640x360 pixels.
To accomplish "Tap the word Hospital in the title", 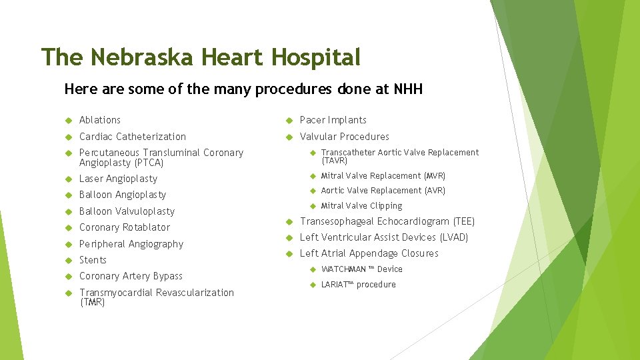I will pos(316,57).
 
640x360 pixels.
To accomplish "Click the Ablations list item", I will pos(100,120).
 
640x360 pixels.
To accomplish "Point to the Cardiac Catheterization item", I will pos(133,137).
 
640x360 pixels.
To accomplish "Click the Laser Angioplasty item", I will pos(118,179).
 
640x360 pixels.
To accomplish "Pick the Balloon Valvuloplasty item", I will pos(127,211).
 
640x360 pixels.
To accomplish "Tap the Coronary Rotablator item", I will pos(125,227).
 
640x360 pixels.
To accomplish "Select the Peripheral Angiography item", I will pos(131,244).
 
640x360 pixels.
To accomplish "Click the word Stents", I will pos(93,260).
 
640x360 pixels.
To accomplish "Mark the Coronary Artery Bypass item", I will pos(131,276).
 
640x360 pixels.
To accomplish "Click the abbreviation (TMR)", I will pos(92,303).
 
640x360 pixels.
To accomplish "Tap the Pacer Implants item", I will pos(333,120).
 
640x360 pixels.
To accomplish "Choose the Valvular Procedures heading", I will pos(345,137).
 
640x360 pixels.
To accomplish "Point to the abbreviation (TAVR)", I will pos(335,161).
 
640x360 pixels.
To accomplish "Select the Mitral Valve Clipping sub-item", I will pos(362,206).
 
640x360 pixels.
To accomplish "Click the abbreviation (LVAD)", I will pos(453,237).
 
